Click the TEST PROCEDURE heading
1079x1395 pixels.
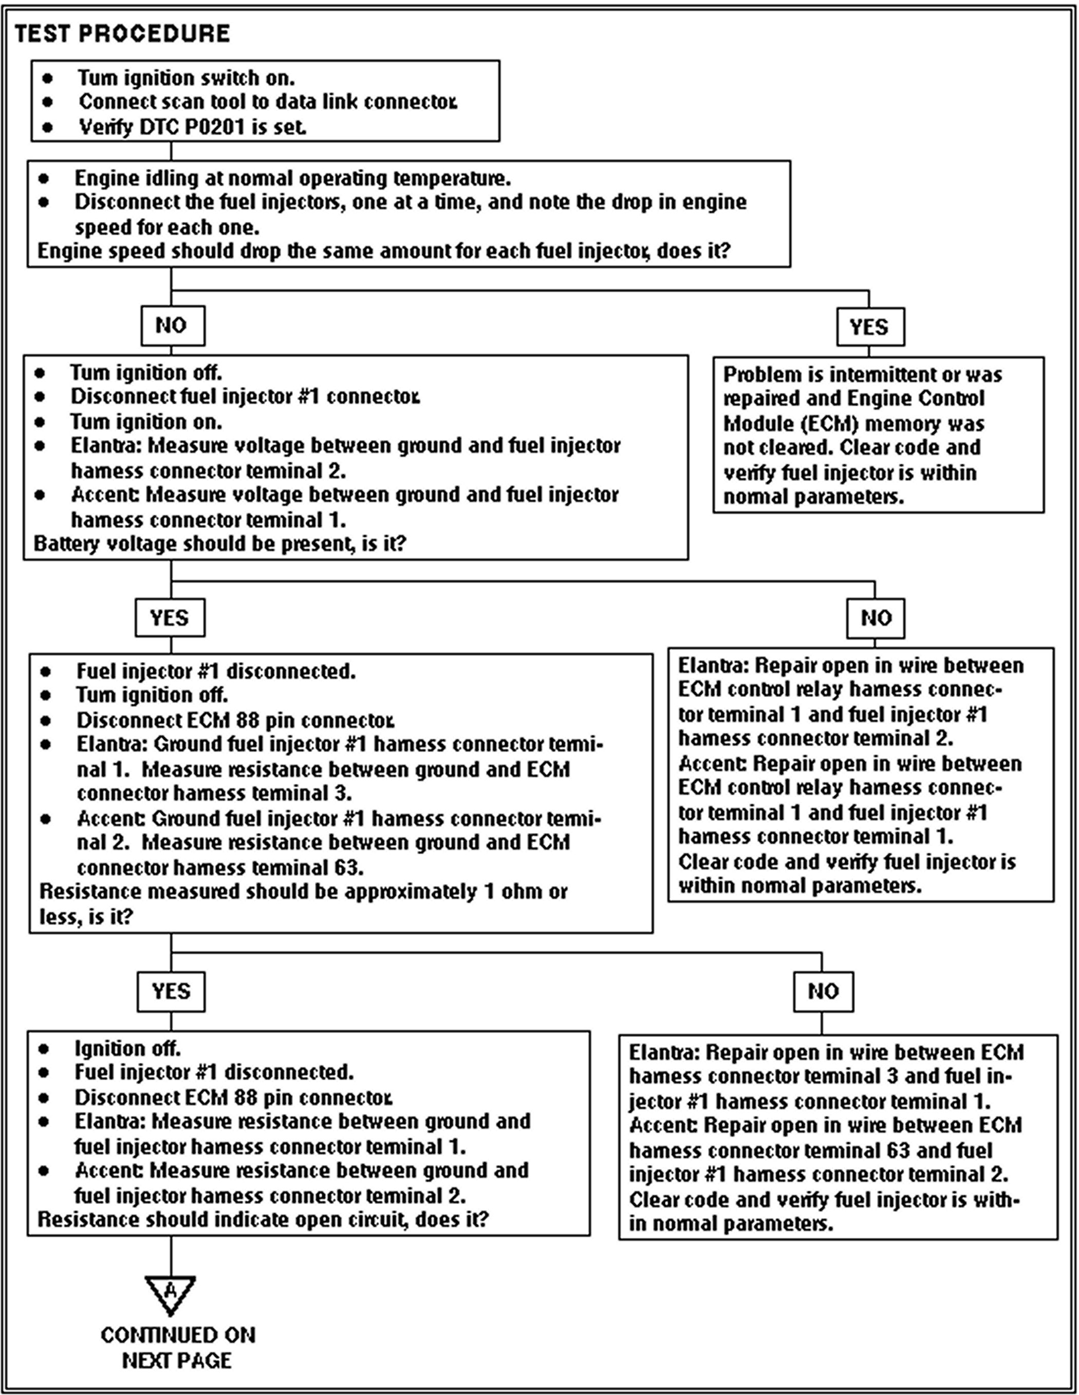pos(122,34)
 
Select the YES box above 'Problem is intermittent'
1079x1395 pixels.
pos(869,327)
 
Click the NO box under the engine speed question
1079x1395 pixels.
pos(172,325)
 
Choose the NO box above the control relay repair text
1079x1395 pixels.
pos(875,618)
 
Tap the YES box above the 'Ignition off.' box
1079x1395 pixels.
pos(171,991)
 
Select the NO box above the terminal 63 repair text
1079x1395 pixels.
pos(823,991)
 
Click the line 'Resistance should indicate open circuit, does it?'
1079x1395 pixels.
pos(263,1219)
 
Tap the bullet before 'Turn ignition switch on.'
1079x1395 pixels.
pos(47,78)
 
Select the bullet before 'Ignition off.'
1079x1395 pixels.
pos(44,1049)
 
